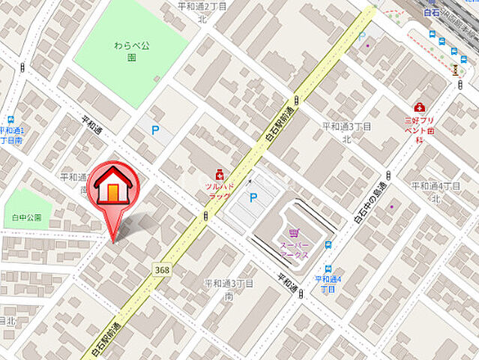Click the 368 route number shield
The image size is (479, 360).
[161, 268]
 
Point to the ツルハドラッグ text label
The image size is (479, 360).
[220, 190]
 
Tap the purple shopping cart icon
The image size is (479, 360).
[294, 233]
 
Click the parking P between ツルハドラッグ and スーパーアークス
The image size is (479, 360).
[254, 198]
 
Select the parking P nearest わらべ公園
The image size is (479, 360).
[155, 130]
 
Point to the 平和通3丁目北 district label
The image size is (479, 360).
[346, 132]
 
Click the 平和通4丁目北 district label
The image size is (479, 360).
[435, 191]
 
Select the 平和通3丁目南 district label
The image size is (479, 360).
[229, 289]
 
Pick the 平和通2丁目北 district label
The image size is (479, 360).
[202, 10]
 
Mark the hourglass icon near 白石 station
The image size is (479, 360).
[454, 69]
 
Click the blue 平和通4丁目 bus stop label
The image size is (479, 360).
[327, 283]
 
